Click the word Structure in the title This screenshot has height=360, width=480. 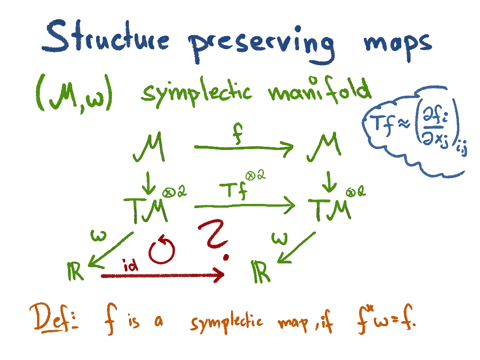pyautogui.click(x=106, y=38)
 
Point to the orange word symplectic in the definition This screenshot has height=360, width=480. pyautogui.click(x=226, y=322)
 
